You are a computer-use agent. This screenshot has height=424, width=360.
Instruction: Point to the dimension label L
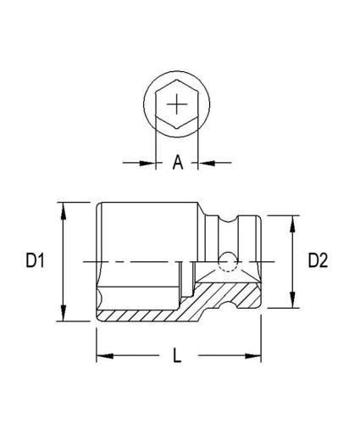(x=178, y=356)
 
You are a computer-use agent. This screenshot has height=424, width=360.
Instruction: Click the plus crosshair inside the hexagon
(x=177, y=105)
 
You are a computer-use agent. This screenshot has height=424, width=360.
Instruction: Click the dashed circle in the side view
(x=225, y=261)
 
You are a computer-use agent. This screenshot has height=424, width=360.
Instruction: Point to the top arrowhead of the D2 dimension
(x=292, y=221)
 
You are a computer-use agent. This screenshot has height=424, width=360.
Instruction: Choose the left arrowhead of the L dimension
(x=102, y=356)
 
